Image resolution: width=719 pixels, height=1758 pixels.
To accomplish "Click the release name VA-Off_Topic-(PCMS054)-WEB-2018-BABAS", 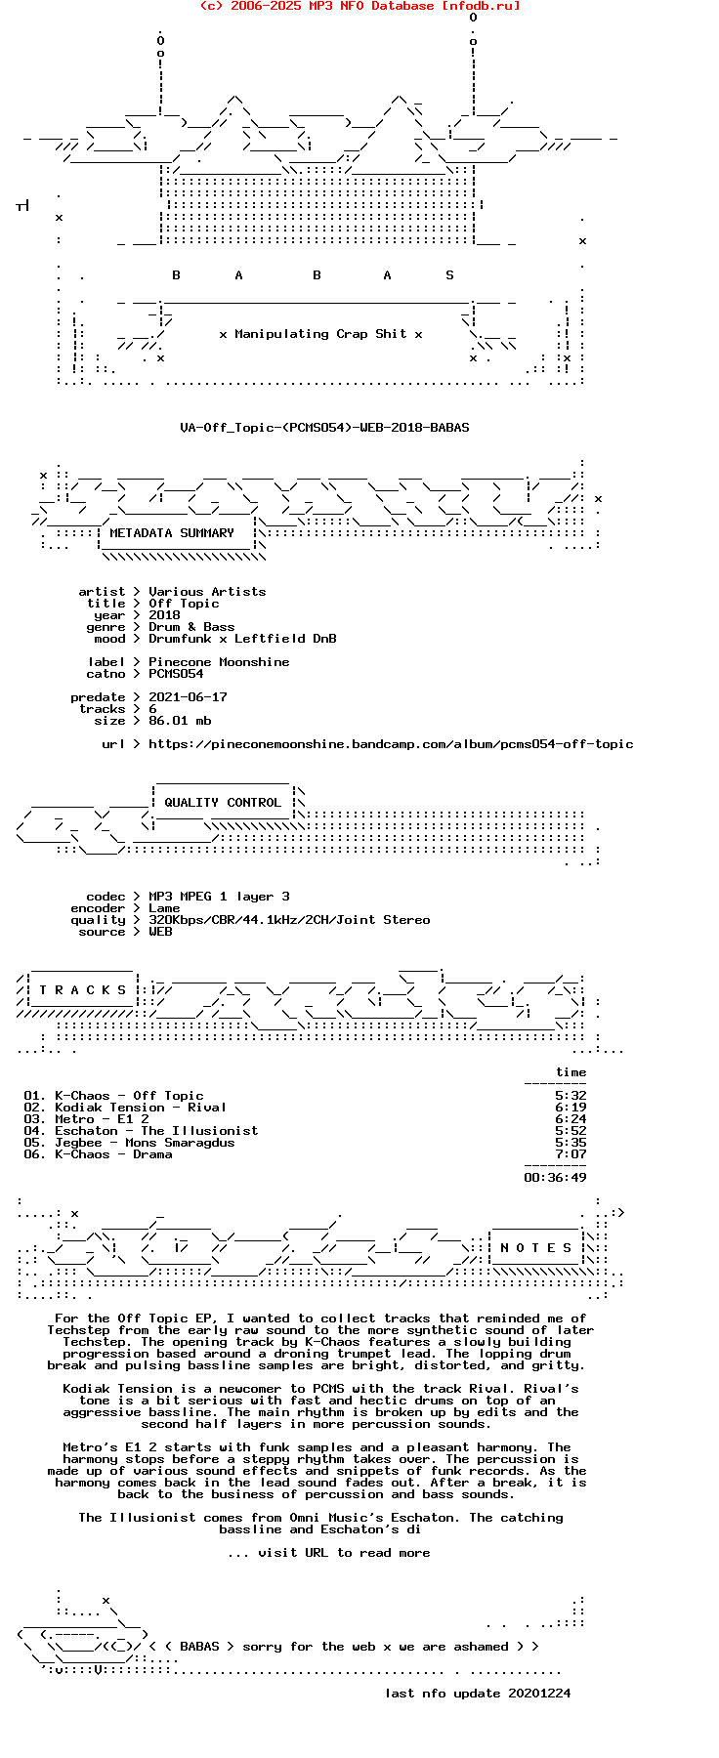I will pyautogui.click(x=324, y=428).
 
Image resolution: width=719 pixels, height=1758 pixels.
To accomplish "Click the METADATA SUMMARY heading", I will pyautogui.click(x=172, y=533).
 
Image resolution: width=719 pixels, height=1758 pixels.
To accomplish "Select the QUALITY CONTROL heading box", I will pyautogui.click(x=223, y=803).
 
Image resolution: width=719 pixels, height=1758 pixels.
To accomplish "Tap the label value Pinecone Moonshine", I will pyautogui.click(x=219, y=662).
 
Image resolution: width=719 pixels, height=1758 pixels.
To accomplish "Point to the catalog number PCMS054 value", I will pyautogui.click(x=176, y=674).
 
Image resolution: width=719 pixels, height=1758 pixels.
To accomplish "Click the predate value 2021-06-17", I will pyautogui.click(x=188, y=697).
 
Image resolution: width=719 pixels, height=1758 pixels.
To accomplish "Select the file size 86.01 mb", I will pyautogui.click(x=180, y=721).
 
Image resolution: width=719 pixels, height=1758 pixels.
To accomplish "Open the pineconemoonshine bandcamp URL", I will pyautogui.click(x=391, y=744).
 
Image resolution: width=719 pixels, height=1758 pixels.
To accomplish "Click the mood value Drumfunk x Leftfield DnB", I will pyautogui.click(x=242, y=639).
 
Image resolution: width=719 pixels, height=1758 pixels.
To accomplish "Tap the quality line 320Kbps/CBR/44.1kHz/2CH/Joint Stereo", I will pyautogui.click(x=289, y=920).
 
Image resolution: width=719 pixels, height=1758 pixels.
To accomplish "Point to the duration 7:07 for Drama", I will pyautogui.click(x=571, y=1154).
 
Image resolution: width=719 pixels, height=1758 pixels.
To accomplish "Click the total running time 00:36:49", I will pyautogui.click(x=555, y=1178).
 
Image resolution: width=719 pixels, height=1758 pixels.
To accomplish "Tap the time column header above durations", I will pyautogui.click(x=571, y=1072).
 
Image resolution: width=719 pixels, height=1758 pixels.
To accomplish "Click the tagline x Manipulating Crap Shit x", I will pyautogui.click(x=320, y=334).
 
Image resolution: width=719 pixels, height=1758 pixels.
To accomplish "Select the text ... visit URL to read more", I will pyautogui.click(x=328, y=1553).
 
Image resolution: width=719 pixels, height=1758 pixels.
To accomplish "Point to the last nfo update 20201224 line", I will pyautogui.click(x=478, y=1694).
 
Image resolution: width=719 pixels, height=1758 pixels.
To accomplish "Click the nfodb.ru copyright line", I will pyautogui.click(x=359, y=6).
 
